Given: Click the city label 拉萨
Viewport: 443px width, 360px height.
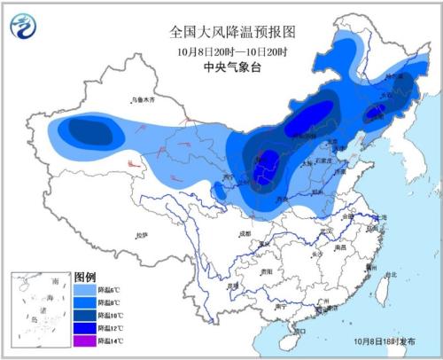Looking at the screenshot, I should pos(140,234).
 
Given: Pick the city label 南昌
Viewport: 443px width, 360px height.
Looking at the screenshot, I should pos(339,250).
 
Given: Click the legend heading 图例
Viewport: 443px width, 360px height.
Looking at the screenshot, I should pos(84,277).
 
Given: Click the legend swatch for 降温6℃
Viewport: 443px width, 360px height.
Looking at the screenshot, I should pos(84,290).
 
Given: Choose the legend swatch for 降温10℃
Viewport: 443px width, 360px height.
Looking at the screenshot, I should pos(84,316).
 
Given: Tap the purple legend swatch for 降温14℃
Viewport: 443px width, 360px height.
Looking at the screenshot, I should pos(84,341).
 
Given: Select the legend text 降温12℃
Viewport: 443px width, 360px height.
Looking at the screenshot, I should pos(111,329).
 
